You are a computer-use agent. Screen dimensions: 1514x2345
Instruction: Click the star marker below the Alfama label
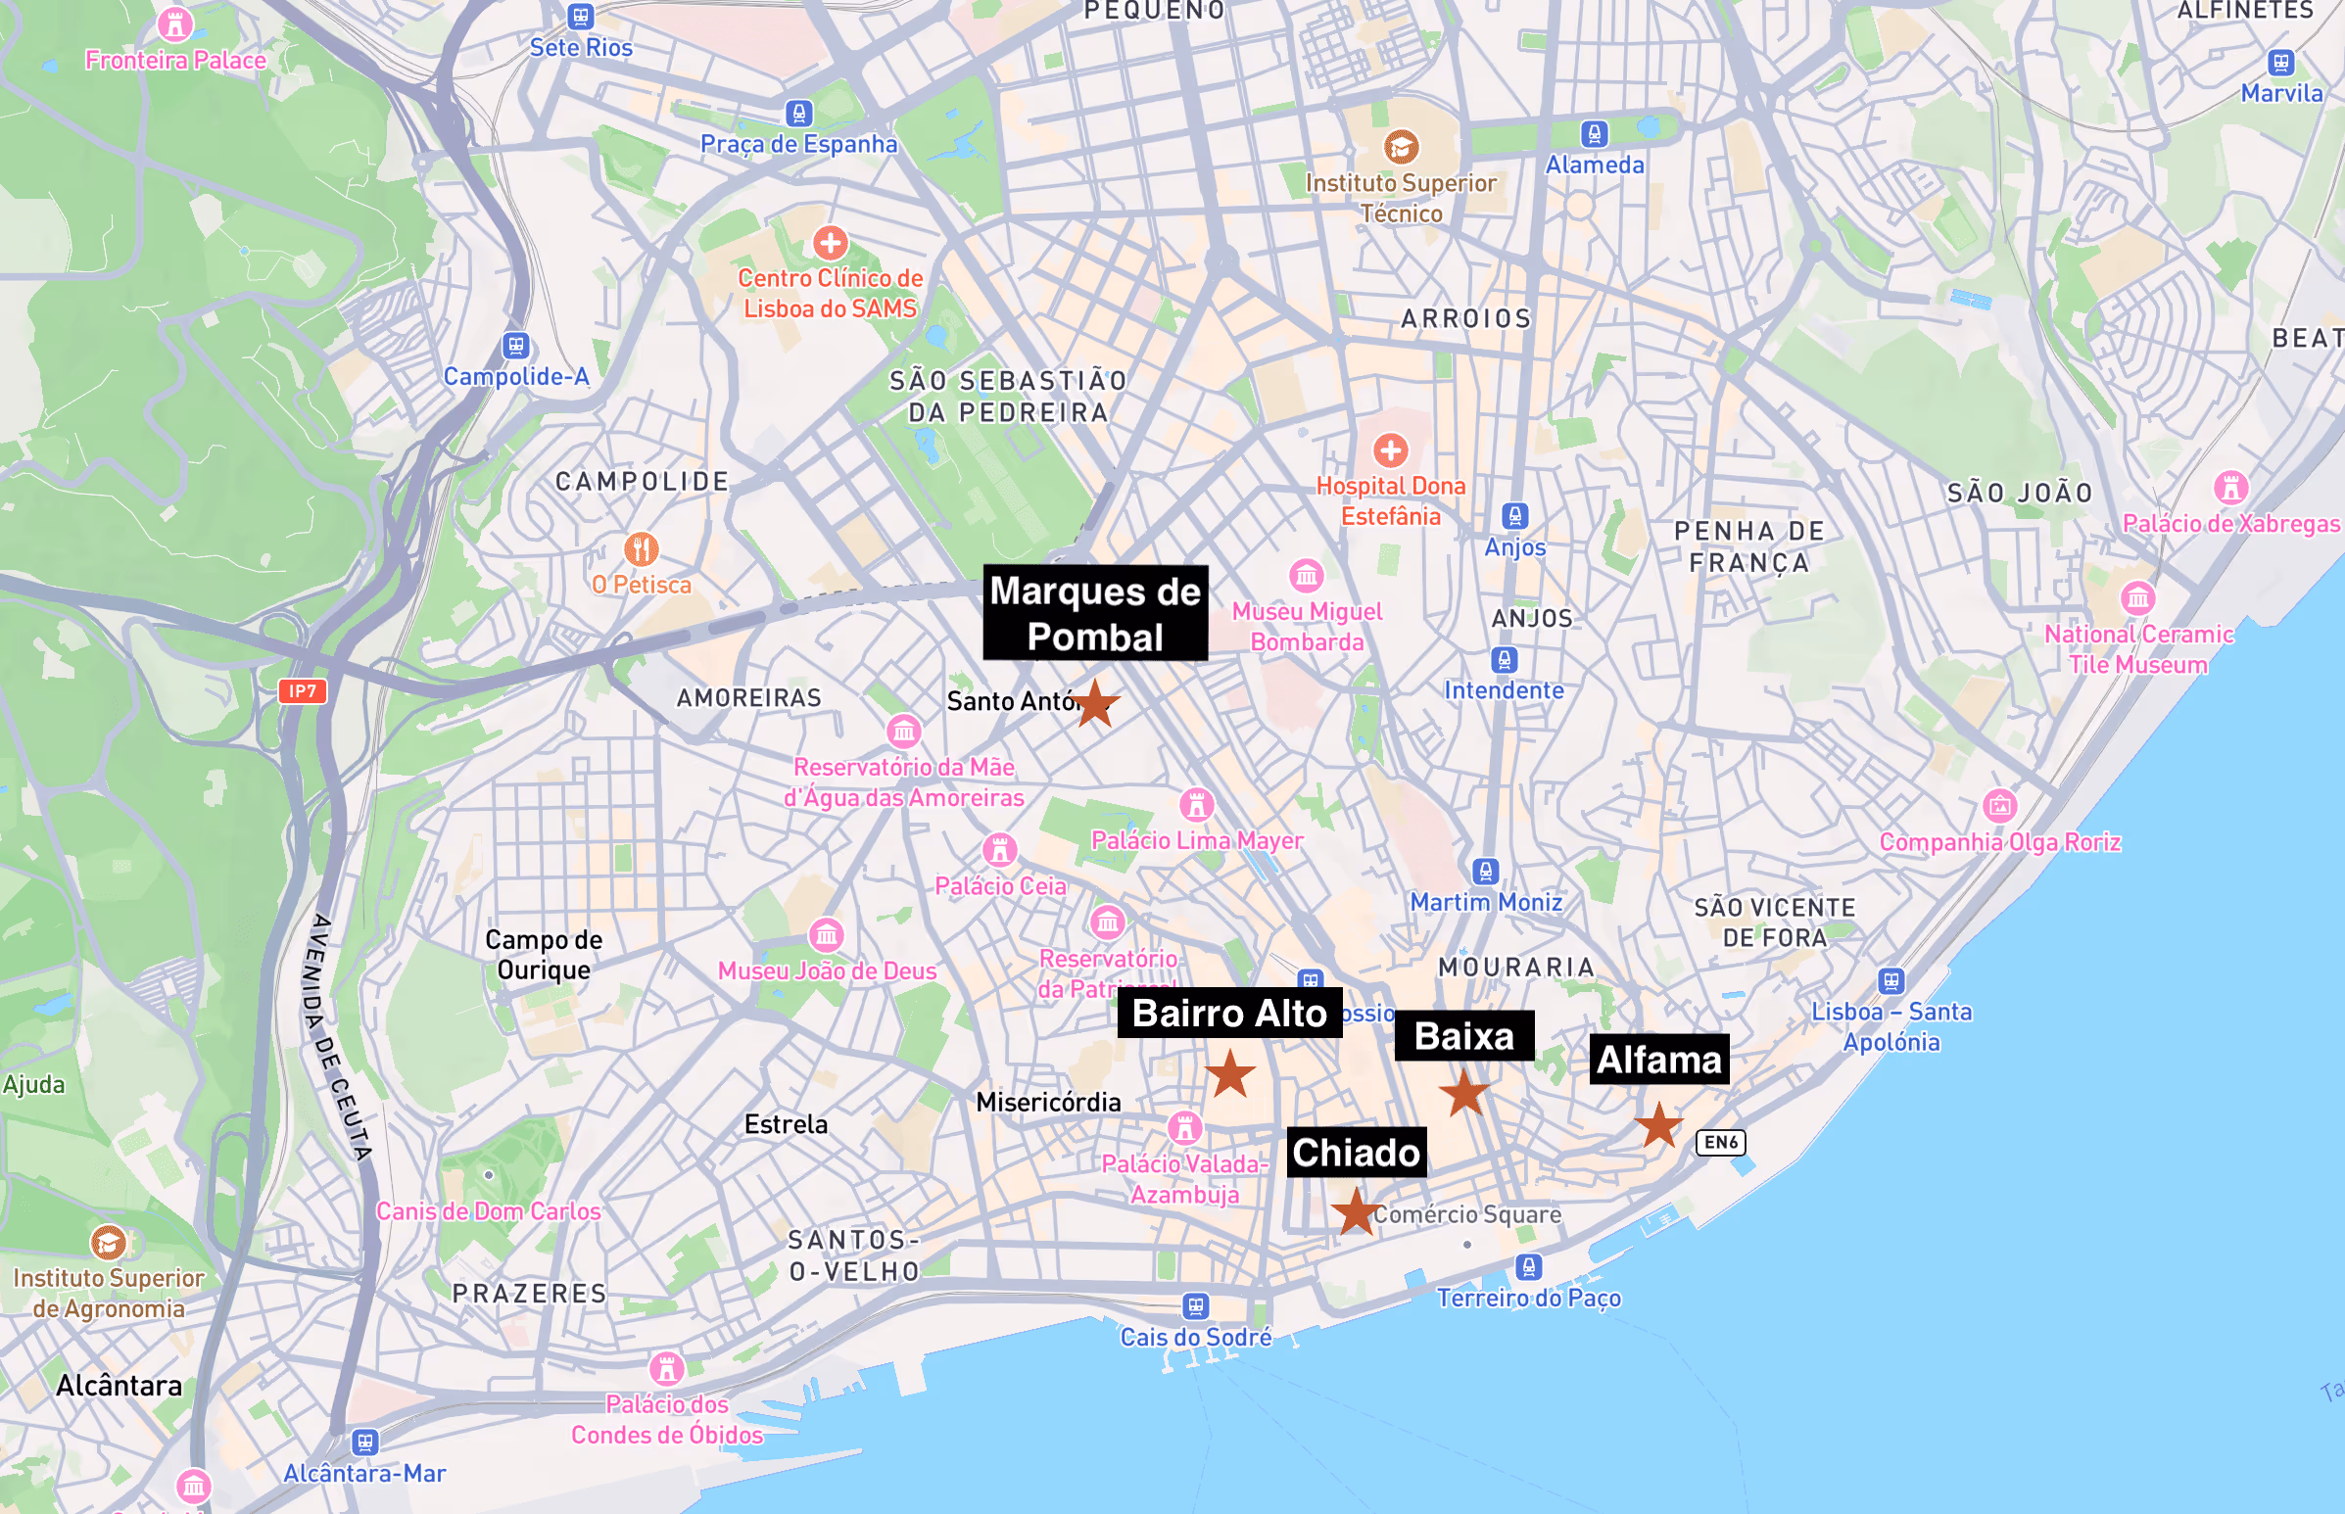[1658, 1125]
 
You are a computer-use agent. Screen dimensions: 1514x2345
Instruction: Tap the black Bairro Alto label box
[1229, 1014]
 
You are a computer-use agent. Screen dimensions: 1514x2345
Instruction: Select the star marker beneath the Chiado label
[1356, 1212]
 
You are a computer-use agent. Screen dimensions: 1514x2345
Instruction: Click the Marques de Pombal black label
[1095, 613]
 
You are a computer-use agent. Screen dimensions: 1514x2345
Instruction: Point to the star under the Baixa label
[1465, 1092]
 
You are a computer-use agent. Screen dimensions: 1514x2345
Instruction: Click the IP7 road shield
[303, 691]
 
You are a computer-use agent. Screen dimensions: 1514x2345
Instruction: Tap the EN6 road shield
[1721, 1143]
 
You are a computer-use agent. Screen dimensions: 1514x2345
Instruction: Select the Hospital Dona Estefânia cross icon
[1390, 451]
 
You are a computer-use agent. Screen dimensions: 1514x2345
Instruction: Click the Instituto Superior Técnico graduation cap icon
[1401, 148]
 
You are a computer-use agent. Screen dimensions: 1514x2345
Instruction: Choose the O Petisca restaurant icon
[641, 549]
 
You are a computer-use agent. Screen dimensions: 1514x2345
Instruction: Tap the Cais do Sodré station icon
[1196, 1306]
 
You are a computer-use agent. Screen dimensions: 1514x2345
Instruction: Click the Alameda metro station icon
[1594, 134]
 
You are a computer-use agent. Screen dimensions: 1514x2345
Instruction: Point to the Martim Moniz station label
[1486, 903]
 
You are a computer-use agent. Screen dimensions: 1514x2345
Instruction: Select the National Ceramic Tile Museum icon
[2137, 597]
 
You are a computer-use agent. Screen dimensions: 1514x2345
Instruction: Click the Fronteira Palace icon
[175, 24]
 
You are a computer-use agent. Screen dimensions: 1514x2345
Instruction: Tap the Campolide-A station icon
[516, 346]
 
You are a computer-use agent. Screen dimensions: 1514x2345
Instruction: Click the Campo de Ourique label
[544, 955]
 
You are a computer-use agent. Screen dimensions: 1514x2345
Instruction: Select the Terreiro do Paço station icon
[1528, 1267]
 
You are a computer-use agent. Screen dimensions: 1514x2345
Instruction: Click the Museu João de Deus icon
[826, 934]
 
